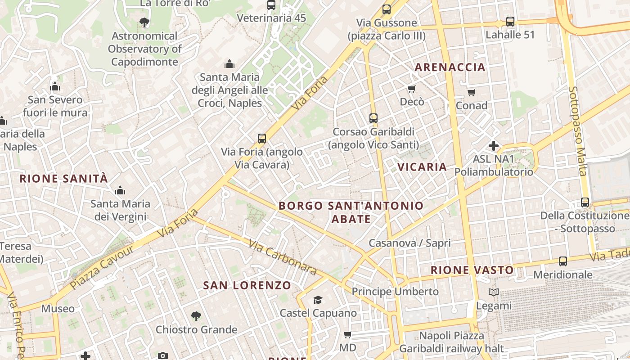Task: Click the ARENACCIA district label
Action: (x=450, y=67)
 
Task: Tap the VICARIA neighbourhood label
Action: (x=422, y=167)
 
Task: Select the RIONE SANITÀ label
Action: (x=63, y=179)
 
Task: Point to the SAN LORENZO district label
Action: (x=247, y=285)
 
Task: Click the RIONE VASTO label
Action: (x=472, y=270)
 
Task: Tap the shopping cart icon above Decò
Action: (x=411, y=89)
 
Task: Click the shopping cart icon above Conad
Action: (x=471, y=92)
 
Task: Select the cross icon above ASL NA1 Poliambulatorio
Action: (x=494, y=146)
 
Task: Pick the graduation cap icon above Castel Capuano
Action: (x=318, y=300)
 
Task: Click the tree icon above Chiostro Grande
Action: (x=196, y=316)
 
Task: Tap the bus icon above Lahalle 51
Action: (x=510, y=21)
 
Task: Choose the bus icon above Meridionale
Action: (x=562, y=261)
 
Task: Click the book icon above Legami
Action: (x=494, y=292)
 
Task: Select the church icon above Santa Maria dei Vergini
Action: (x=120, y=190)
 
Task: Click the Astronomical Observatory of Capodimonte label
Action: (x=144, y=49)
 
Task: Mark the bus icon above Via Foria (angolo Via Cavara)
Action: (x=262, y=139)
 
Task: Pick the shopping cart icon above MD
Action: (x=347, y=334)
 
